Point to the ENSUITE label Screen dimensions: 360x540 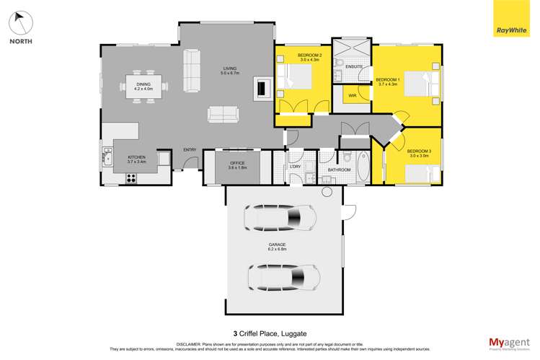coord(353,66)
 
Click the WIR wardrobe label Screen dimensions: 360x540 coord(353,95)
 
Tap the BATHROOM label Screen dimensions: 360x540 coord(339,170)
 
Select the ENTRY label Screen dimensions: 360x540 coord(190,149)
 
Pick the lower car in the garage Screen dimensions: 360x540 coord(283,276)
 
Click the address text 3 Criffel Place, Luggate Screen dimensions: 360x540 coord(270,314)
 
